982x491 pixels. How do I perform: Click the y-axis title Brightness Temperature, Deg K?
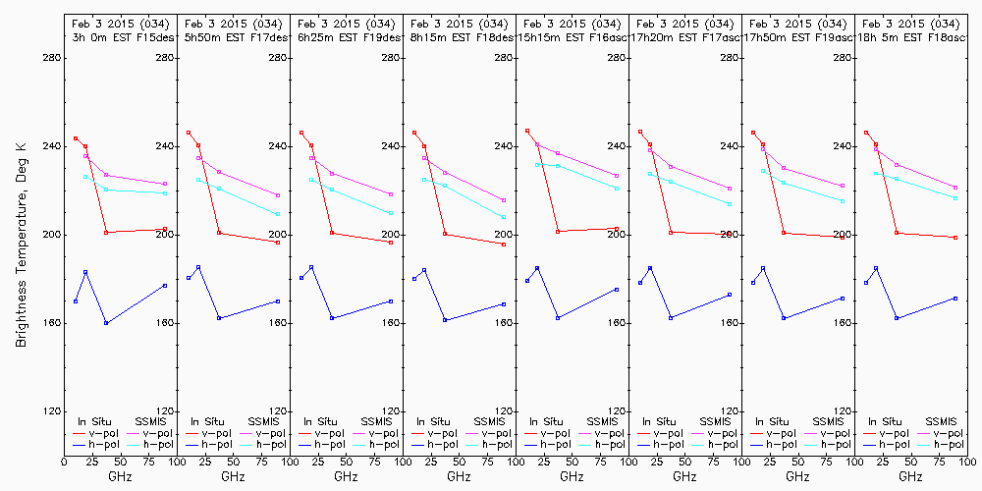click(x=21, y=235)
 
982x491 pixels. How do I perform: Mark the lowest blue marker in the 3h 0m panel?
click(x=106, y=323)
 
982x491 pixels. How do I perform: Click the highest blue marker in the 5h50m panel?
click(x=198, y=267)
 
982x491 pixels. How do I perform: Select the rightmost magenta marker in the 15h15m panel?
click(x=617, y=176)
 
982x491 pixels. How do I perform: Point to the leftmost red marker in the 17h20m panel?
click(x=640, y=132)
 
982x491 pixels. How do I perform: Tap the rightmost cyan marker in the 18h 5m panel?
click(x=955, y=198)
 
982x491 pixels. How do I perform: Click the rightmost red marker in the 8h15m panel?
click(x=504, y=244)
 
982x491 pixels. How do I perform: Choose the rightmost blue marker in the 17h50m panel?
click(x=843, y=299)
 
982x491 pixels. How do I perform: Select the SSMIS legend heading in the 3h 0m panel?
click(x=151, y=421)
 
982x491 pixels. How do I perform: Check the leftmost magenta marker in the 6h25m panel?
click(x=311, y=158)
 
